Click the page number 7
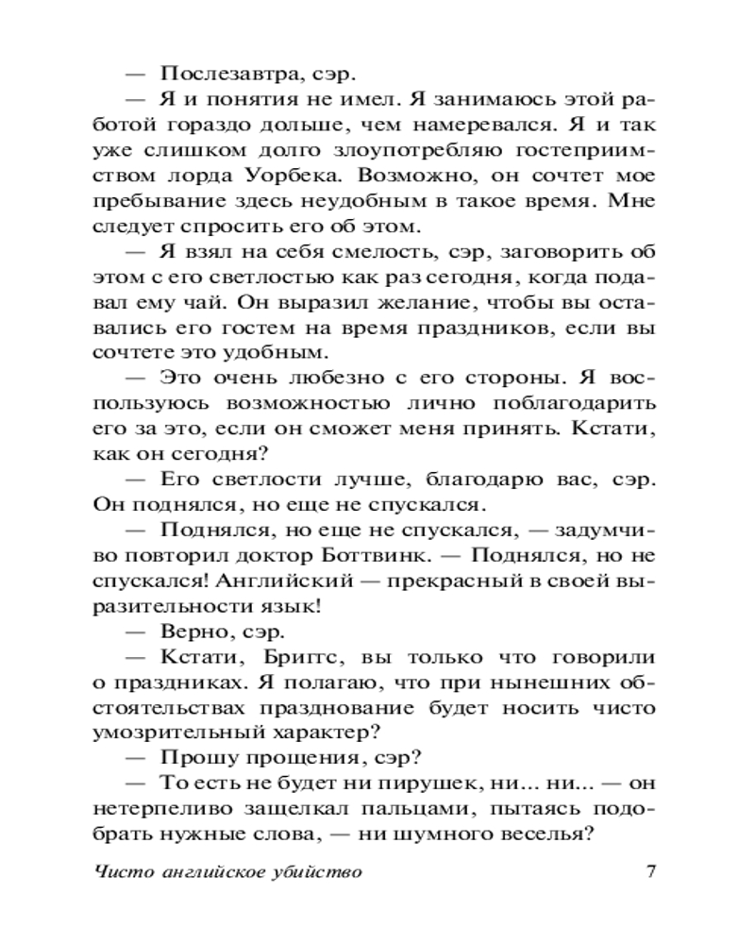(x=650, y=872)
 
